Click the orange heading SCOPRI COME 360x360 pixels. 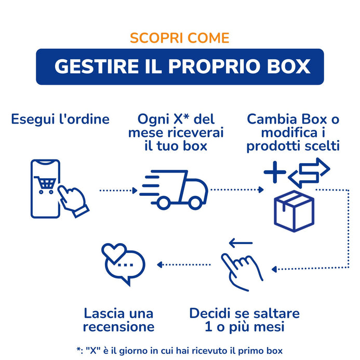tap(180, 38)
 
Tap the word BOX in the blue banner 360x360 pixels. tap(289, 66)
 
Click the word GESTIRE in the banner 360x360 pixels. tap(97, 66)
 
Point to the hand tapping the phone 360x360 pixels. tap(73, 201)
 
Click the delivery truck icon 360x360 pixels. tap(174, 190)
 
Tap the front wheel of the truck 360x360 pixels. tap(195, 203)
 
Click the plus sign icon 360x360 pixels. tap(275, 172)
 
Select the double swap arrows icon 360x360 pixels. tap(309, 172)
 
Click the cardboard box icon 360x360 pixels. tap(294, 211)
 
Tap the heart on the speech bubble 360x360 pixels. tap(114, 252)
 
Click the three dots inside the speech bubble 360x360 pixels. tap(125, 265)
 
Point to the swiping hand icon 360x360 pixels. tap(241, 272)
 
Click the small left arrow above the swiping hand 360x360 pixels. tap(241, 243)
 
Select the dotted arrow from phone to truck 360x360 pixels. tap(118, 190)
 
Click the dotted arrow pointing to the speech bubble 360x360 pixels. tap(184, 265)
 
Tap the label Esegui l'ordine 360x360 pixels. tap(60, 119)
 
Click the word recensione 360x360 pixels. tap(118, 327)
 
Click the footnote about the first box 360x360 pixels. tap(180, 351)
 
